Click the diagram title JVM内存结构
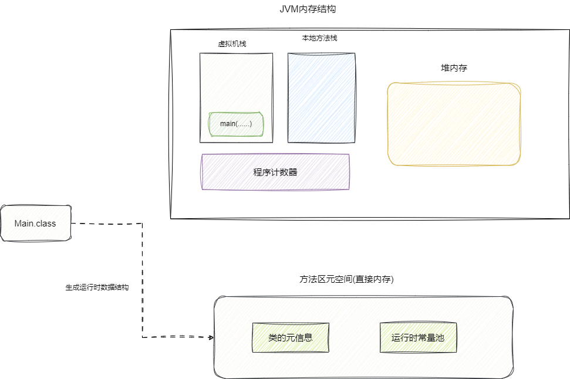coord(308,9)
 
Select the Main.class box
coord(36,223)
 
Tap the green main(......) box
coord(236,124)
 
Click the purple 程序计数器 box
coord(275,172)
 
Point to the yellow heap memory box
coord(454,124)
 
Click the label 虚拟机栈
coord(232,43)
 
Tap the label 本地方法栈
coord(319,38)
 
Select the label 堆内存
coord(454,68)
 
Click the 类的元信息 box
coord(290,337)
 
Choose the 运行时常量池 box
coord(417,337)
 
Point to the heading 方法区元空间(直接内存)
coord(346,280)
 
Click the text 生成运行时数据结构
coord(97,288)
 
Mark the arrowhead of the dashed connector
coord(210,337)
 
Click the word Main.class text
coord(35,224)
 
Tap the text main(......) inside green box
coord(236,124)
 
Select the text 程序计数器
coord(275,172)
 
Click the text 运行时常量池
coord(417,338)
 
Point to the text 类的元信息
coord(290,338)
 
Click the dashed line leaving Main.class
coord(106,223)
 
